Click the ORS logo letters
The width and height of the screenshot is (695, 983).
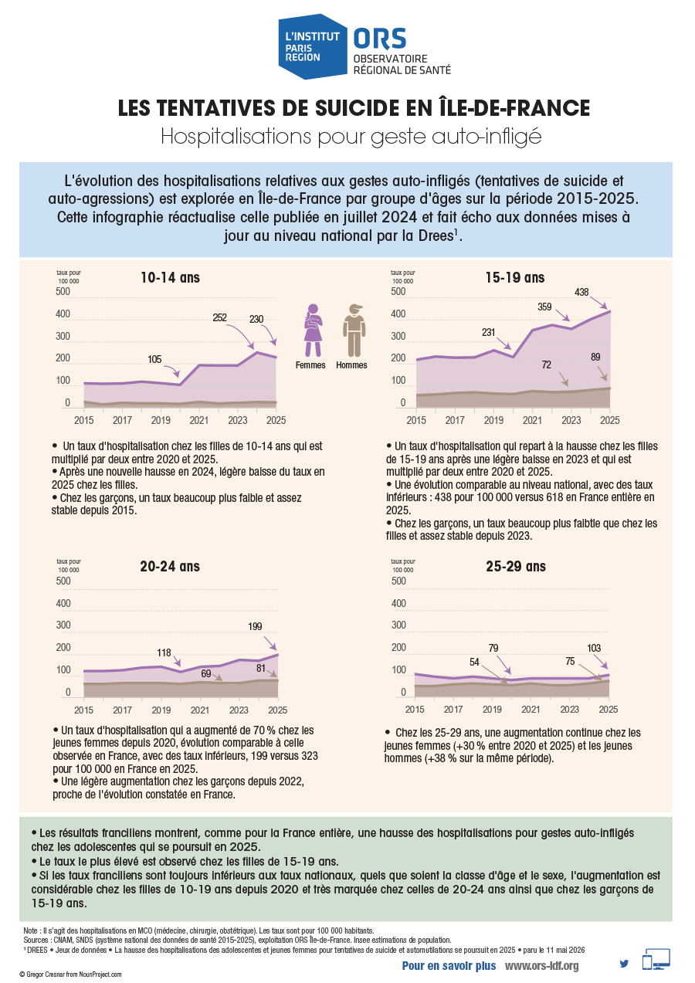379,39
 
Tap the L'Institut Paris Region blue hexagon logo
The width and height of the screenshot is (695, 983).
313,46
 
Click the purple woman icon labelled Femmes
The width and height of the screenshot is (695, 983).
313,330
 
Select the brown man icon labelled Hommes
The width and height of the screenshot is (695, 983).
354,330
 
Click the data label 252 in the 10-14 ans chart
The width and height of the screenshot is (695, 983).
219,317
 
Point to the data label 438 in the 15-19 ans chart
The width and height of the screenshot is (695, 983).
581,292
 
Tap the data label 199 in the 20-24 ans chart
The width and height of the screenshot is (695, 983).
255,626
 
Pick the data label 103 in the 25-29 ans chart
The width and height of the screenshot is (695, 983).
594,648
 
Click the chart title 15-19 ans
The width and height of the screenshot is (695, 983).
514,278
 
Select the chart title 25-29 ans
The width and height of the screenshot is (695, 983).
516,567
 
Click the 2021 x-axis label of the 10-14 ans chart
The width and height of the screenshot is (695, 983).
198,420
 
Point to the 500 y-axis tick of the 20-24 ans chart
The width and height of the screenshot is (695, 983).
63,581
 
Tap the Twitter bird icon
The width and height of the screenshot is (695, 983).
624,964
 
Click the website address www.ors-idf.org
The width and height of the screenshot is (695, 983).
541,965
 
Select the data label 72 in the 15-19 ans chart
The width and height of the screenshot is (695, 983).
546,364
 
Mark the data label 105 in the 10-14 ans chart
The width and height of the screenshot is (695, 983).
154,359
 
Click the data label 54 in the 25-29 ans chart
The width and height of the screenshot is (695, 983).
474,662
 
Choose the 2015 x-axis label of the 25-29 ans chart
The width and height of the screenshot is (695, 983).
414,709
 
